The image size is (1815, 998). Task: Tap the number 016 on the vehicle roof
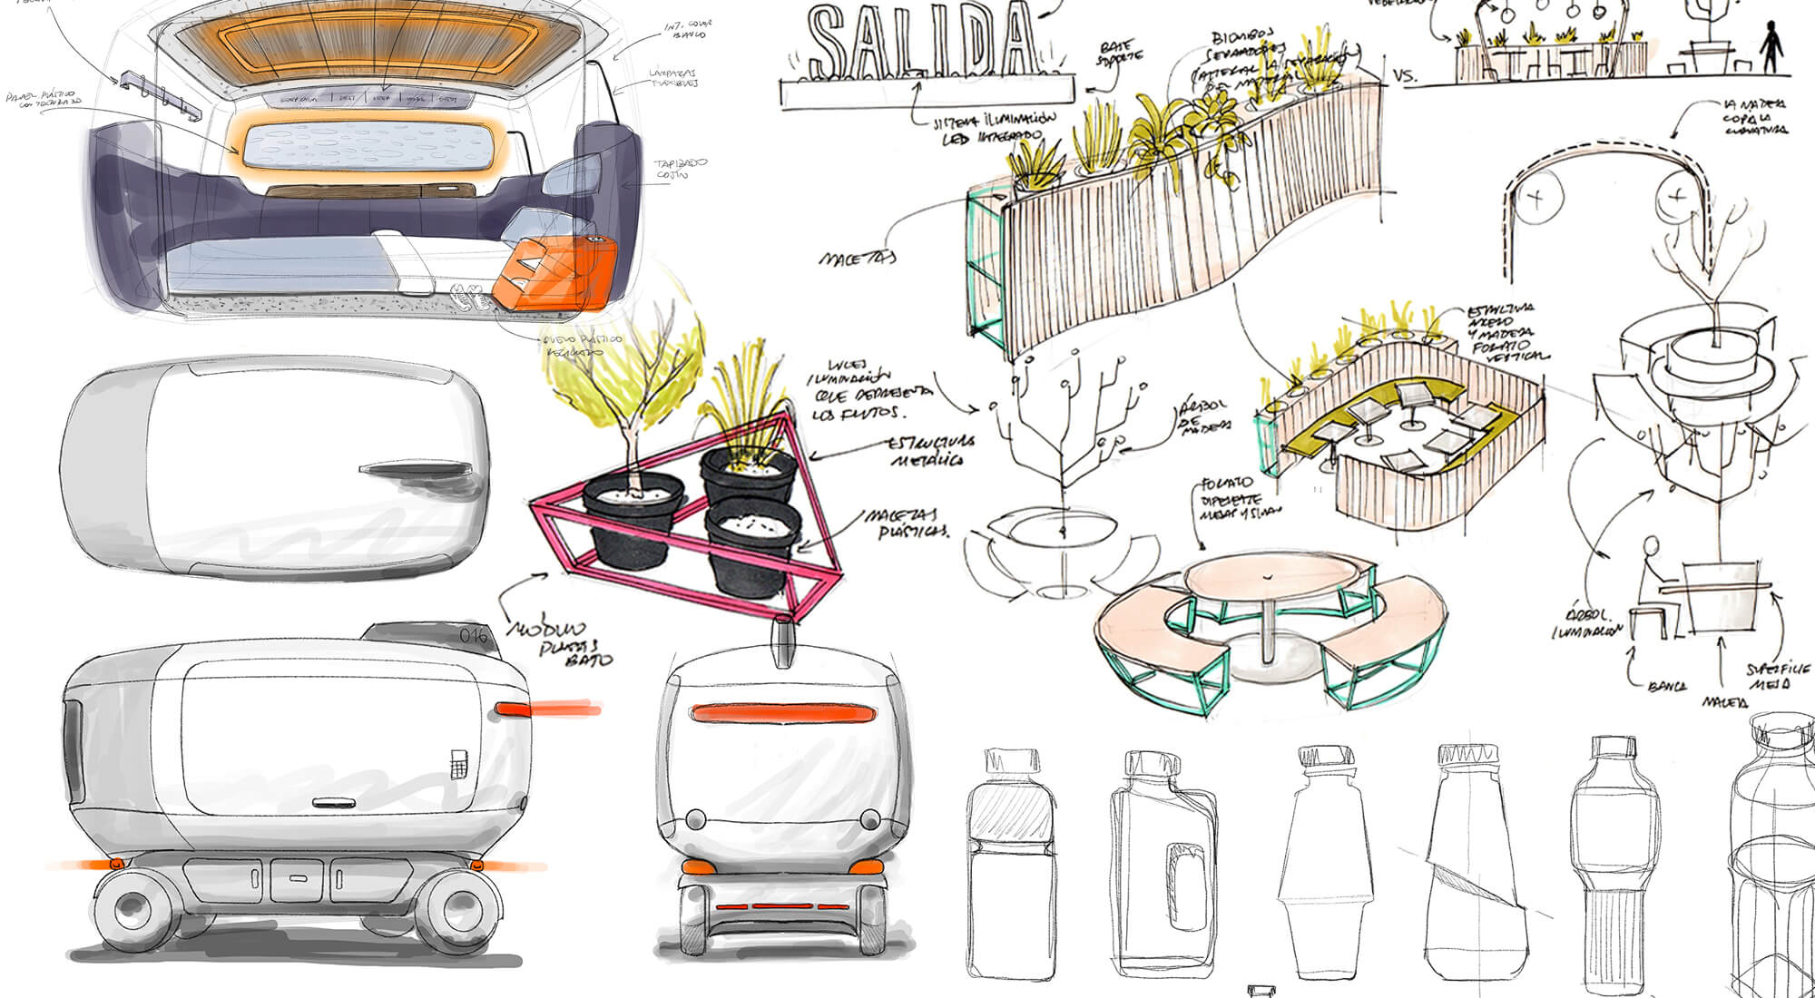[x=473, y=635]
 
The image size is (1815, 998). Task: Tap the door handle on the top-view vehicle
[x=417, y=470]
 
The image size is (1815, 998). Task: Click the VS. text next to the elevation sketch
[x=1404, y=76]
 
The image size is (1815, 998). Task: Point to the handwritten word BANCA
[x=1667, y=686]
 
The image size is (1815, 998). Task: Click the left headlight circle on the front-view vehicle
[x=695, y=819]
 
